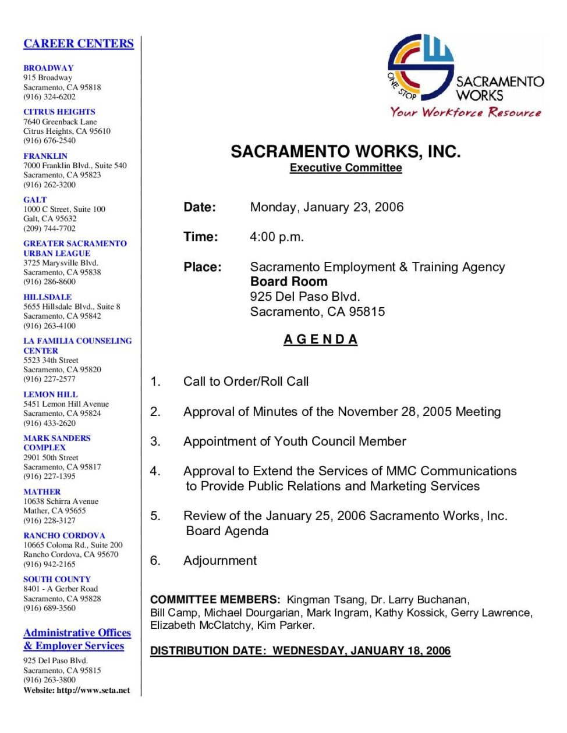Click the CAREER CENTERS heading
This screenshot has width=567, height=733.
(79, 44)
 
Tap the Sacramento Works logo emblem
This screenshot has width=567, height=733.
(420, 66)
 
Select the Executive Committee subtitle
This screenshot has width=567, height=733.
(346, 168)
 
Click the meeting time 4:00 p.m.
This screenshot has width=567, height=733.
(277, 237)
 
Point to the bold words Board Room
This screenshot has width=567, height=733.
(289, 282)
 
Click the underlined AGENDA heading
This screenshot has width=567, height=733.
(320, 340)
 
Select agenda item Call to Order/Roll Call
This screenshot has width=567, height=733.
(246, 382)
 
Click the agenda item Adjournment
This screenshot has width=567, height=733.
(219, 561)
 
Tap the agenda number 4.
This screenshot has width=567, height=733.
(155, 471)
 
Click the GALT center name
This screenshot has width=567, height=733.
(35, 200)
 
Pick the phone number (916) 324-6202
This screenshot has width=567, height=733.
(49, 97)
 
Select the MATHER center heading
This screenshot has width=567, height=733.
(42, 492)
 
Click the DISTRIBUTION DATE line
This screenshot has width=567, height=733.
(300, 651)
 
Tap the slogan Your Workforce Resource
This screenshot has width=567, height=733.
(466, 112)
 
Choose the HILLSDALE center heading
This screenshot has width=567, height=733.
(48, 297)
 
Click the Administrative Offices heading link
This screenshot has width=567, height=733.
(77, 633)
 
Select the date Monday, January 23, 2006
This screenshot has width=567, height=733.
(327, 207)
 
